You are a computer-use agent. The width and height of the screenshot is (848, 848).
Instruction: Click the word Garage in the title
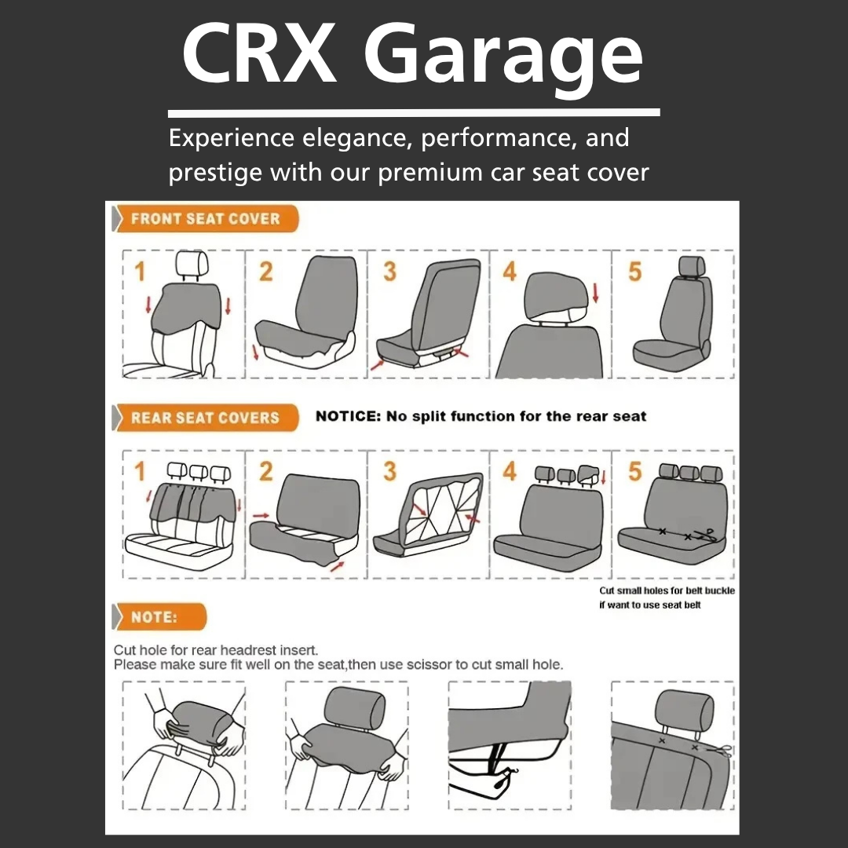pos(503,58)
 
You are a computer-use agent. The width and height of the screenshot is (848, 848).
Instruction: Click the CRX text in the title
pos(260,53)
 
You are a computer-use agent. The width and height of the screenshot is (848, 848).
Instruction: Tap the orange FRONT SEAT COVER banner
pos(206,218)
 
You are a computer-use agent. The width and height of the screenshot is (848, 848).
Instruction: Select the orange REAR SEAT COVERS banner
pos(205,418)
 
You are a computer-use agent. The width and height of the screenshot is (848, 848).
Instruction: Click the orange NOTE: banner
pos(159,617)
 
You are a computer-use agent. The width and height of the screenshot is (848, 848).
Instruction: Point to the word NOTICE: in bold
pos(349,416)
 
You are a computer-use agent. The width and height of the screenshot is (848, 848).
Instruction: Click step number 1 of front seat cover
pos(140,272)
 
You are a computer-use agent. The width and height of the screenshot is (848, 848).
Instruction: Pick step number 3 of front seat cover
pos(390,272)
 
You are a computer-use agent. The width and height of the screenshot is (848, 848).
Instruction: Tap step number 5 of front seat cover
pos(635,272)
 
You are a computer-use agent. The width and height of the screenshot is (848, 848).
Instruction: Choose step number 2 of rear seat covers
pos(265,471)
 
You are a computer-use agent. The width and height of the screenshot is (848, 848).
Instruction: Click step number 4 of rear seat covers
pos(510,471)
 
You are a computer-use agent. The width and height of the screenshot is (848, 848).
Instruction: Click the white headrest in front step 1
pos(192,264)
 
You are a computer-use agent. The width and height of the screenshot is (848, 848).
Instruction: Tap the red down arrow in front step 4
pos(596,293)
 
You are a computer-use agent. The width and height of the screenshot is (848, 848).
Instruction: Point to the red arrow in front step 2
pos(255,353)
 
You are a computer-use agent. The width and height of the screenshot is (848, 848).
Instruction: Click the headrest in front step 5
pos(692,267)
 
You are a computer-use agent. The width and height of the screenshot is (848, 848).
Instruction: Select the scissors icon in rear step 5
pos(707,535)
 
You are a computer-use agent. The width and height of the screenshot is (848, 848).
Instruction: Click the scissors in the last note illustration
pos(722,751)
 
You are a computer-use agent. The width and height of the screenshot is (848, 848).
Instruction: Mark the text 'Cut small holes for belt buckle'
pos(667,590)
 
